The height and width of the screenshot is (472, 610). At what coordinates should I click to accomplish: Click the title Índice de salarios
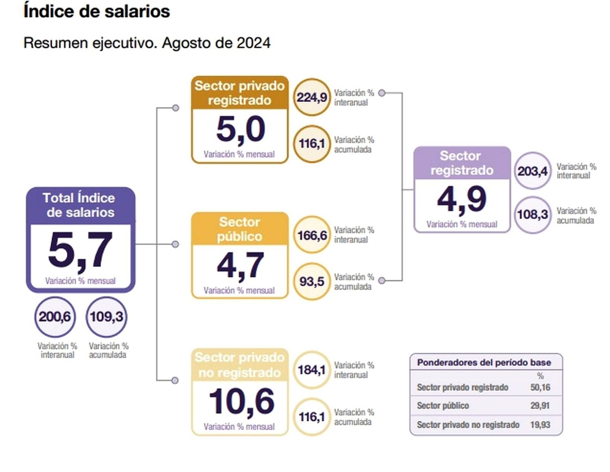[x=96, y=11]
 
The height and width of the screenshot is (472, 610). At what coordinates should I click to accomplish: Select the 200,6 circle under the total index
[x=55, y=316]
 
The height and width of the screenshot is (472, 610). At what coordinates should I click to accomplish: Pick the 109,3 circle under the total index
[x=106, y=316]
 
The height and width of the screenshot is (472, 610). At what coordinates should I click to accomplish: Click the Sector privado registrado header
[x=239, y=93]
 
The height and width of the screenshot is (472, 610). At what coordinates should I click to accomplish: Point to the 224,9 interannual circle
[x=311, y=97]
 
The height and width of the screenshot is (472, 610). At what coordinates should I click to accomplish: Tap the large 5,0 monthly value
[x=240, y=129]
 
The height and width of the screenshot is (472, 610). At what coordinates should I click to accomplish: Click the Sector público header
[x=239, y=229]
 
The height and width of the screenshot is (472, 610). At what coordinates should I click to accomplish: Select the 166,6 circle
[x=311, y=235]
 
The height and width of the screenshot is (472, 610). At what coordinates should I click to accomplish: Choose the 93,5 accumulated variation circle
[x=311, y=281]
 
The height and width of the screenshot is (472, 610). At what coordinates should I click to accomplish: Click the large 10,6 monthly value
[x=241, y=401]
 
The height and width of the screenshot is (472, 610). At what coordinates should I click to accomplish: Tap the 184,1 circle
[x=311, y=369]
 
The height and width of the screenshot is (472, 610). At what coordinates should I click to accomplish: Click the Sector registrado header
[x=462, y=163]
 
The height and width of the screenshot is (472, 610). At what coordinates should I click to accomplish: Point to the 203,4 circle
[x=532, y=171]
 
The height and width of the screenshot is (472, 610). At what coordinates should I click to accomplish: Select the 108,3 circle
[x=532, y=214]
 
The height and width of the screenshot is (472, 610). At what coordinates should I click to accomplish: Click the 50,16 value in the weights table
[x=540, y=387]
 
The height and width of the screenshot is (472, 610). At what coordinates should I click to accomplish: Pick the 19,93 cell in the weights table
[x=540, y=424]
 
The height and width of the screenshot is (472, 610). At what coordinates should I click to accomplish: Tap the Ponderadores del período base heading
[x=484, y=362]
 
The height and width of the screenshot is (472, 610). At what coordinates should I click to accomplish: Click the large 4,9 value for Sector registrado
[x=462, y=199]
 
